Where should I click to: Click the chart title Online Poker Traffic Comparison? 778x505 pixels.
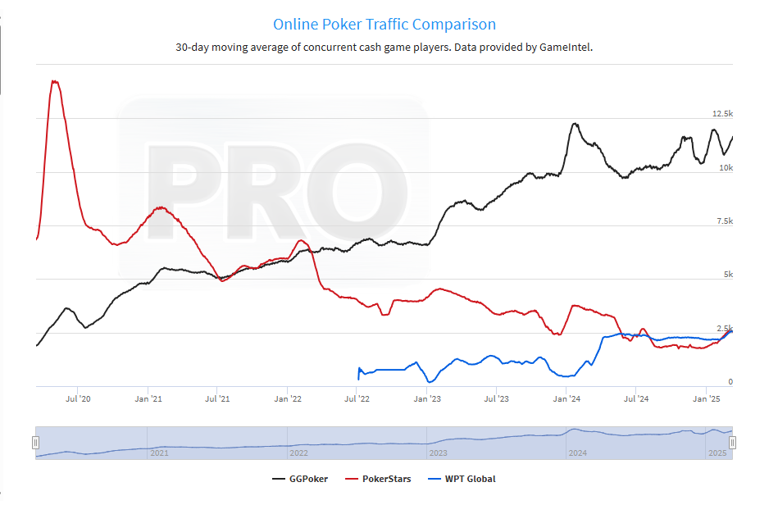[384, 25]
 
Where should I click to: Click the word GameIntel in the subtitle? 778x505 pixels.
[565, 47]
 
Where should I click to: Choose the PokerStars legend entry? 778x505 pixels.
[386, 479]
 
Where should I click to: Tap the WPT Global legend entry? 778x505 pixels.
[470, 479]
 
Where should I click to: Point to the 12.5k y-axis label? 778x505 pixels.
[722, 113]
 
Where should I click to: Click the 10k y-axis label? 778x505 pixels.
[726, 167]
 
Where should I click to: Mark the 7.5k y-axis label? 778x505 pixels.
[723, 221]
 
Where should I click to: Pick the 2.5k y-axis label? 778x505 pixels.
[724, 328]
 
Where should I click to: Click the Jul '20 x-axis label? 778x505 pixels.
[78, 399]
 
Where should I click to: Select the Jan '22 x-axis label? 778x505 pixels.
[288, 399]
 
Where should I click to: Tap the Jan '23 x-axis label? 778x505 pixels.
[427, 399]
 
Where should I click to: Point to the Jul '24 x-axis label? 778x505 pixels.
[637, 399]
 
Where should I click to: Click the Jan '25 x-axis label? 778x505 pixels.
[707, 399]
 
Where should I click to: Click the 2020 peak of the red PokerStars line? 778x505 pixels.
[54, 80]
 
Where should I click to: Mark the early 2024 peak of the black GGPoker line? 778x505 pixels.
[575, 124]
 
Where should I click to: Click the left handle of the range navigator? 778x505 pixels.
[35, 443]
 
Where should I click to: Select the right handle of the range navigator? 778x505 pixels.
[733, 443]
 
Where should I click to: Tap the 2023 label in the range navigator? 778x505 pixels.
[438, 453]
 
